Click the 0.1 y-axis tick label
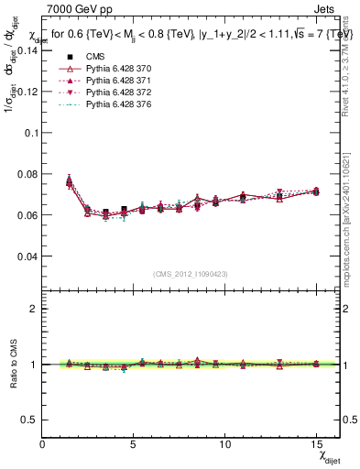click(31, 132)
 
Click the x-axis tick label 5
click(135, 443)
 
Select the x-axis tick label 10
click(225, 443)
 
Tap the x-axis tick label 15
click(316, 443)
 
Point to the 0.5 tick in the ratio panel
click(31, 419)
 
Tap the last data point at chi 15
click(316, 191)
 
